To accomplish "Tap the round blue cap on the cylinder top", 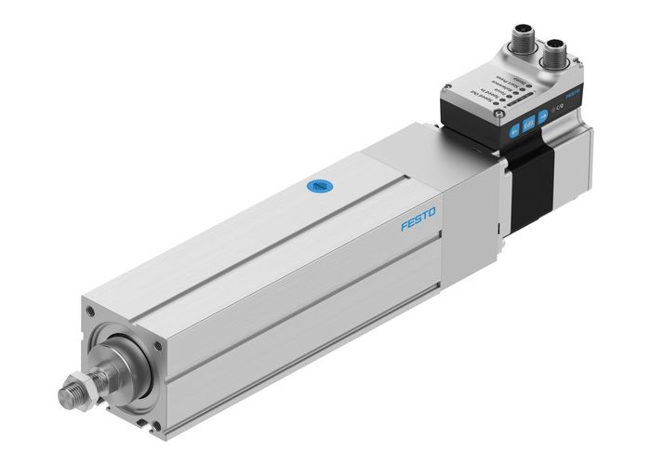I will tap(320, 186).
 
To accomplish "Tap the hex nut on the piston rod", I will tap(86, 385).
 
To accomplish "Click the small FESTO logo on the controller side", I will tap(573, 96).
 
